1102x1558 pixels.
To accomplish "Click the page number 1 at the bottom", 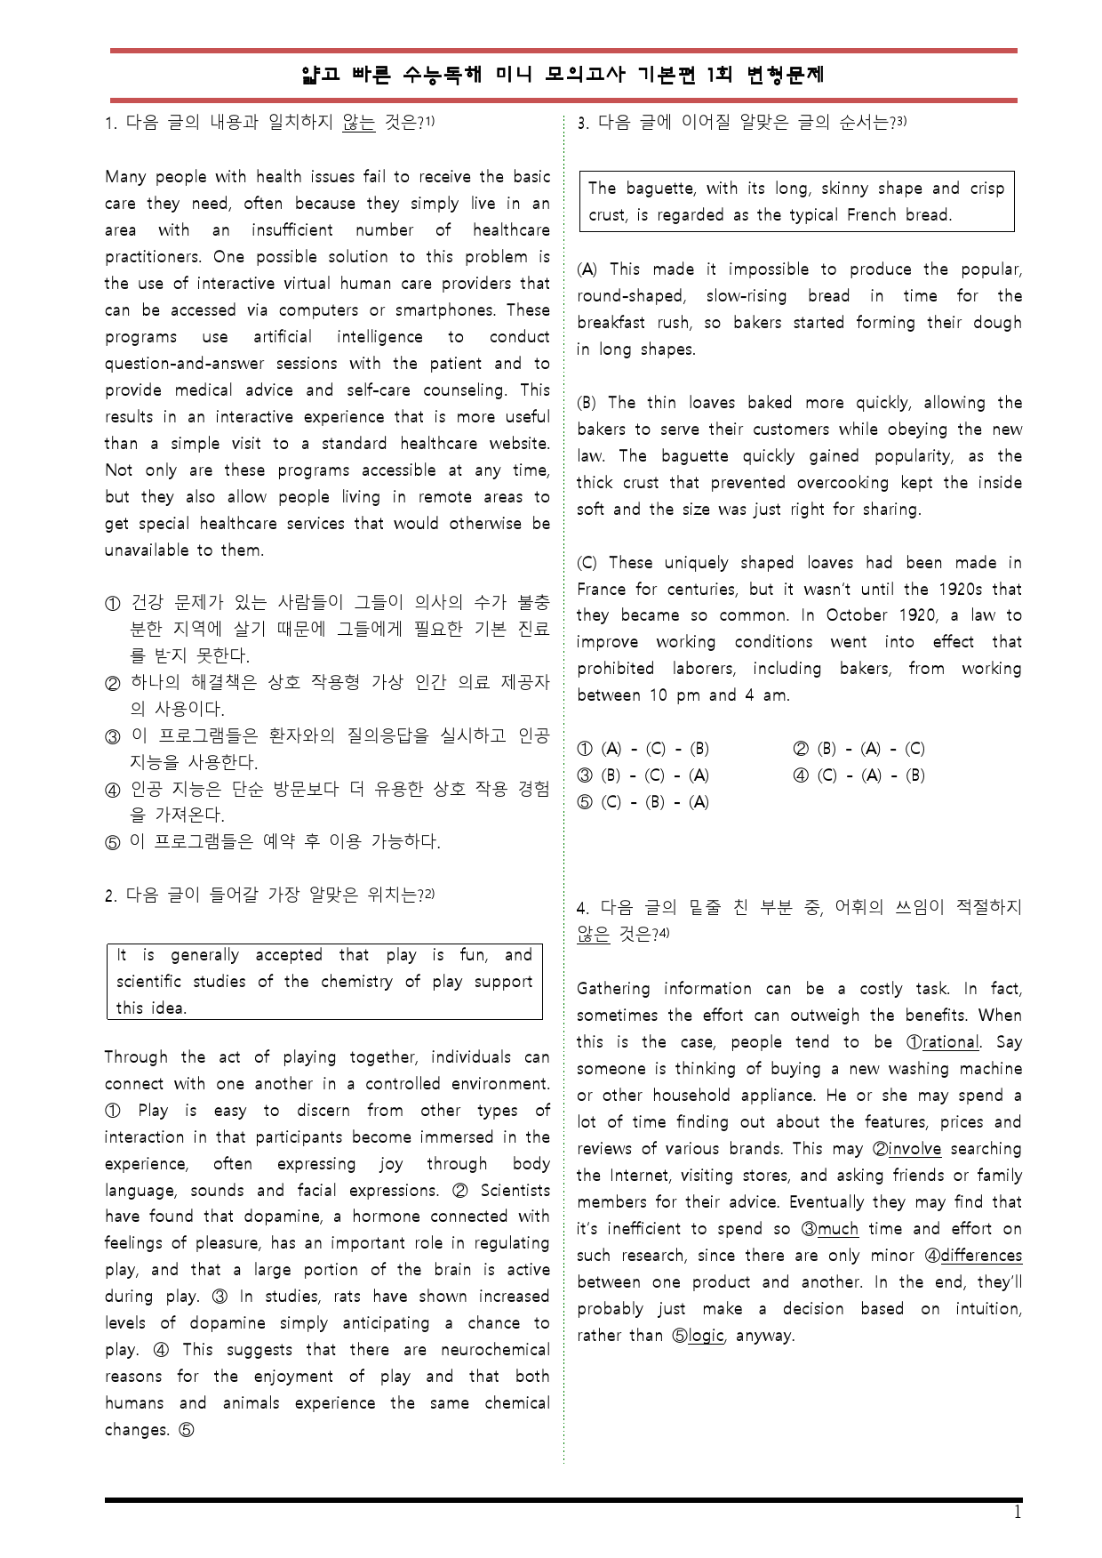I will point(1018,1513).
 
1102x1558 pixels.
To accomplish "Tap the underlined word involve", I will point(914,1149).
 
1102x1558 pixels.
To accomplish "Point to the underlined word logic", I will point(706,1336).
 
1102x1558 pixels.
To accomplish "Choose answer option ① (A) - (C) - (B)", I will point(643,749).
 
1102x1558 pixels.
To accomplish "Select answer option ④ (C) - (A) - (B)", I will point(858,775).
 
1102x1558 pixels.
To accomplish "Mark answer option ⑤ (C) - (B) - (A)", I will point(643,802).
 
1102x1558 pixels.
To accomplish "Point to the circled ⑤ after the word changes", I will point(187,1430).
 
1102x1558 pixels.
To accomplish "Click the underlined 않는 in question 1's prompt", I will point(358,123).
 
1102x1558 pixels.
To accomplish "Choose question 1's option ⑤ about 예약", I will point(284,841).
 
